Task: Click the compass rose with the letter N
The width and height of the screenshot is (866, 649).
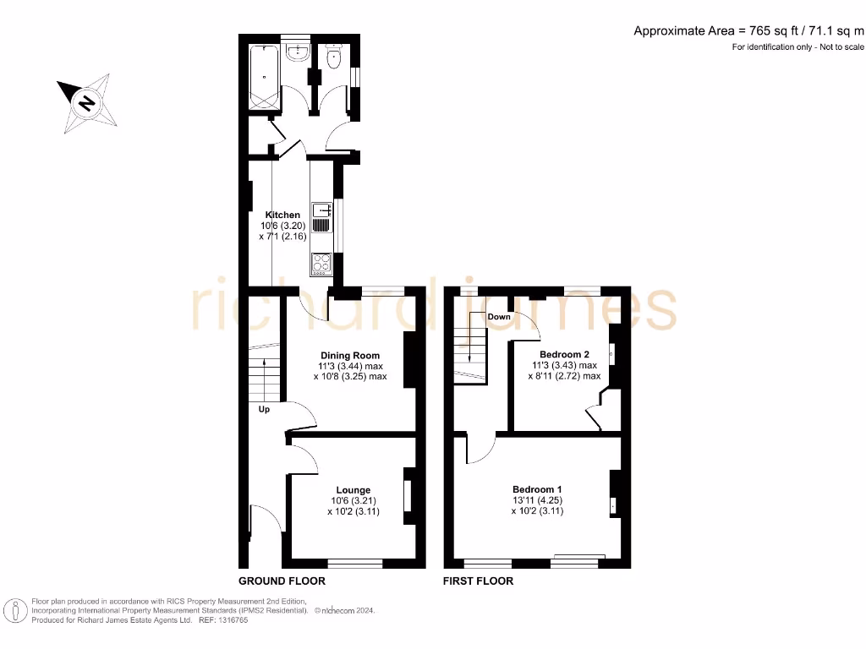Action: point(85,105)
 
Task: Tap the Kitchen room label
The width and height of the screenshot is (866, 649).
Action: point(282,215)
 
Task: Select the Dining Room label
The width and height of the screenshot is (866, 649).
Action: point(349,356)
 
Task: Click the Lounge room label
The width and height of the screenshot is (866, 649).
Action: point(353,490)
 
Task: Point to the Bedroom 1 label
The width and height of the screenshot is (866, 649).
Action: point(536,490)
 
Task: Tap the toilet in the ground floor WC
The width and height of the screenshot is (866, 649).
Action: point(333,58)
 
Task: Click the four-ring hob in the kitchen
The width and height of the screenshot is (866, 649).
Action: point(322,264)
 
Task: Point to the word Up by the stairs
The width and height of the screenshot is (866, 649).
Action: point(264,410)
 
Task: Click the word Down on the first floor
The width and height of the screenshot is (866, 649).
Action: point(499,317)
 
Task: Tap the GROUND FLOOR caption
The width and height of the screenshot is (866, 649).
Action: point(282,581)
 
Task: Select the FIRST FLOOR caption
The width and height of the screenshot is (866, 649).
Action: point(479,581)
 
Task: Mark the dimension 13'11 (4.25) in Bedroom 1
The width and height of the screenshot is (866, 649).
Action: point(536,500)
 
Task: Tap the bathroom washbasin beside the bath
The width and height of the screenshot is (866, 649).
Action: point(297,52)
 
